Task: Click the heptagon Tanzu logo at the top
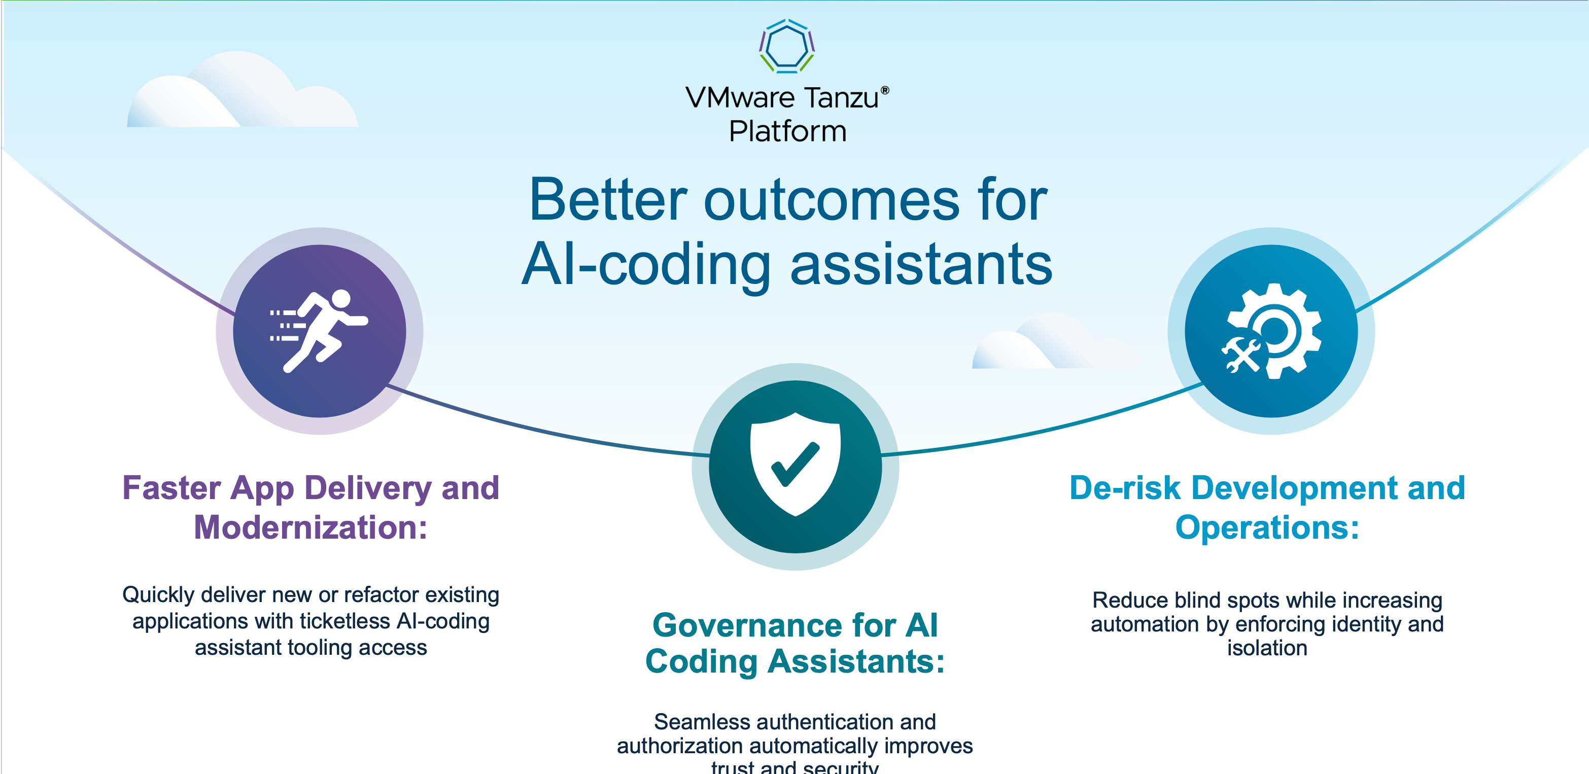click(786, 46)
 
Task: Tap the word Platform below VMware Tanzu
click(788, 131)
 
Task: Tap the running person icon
click(320, 331)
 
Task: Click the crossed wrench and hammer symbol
click(1241, 356)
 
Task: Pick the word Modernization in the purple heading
click(310, 528)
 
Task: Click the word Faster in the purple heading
click(171, 488)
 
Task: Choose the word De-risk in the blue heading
click(1124, 488)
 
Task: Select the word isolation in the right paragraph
click(1267, 648)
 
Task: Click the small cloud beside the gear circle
click(1049, 345)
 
